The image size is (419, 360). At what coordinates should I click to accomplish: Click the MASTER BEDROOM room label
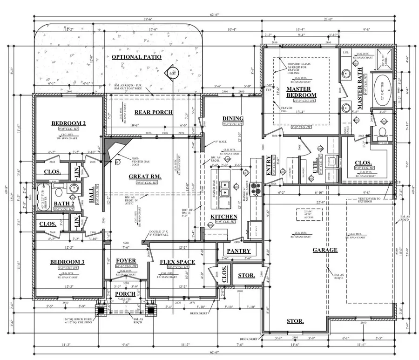coord(301,92)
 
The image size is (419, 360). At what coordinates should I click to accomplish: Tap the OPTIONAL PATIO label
coord(136,57)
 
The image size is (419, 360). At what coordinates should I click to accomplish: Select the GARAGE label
coord(325,250)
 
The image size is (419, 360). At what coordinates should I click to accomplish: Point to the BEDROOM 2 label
coord(68,123)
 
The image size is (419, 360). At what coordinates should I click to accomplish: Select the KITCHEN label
coord(224,217)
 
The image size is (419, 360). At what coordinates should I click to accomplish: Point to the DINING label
coord(233,118)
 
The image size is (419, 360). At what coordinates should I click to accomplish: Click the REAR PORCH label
coord(154,112)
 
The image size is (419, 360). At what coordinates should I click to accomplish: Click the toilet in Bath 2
coord(59,191)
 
